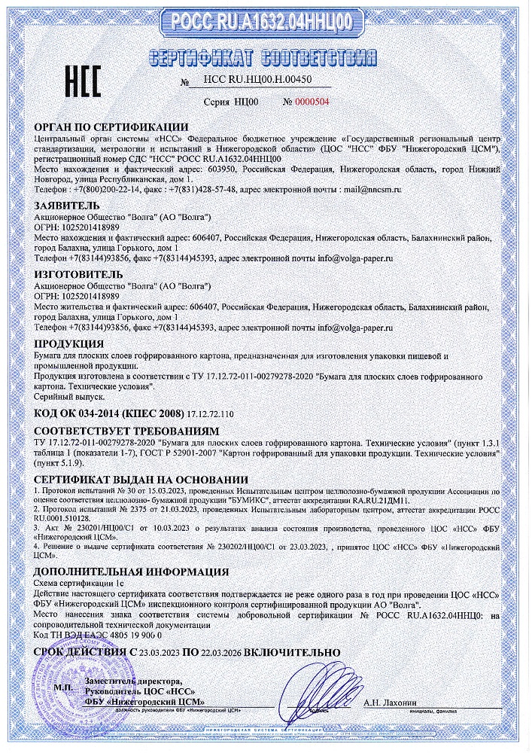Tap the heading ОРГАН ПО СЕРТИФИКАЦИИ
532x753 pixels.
111,127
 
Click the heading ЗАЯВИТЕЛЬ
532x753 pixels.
66,204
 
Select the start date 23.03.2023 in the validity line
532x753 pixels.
155,651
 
